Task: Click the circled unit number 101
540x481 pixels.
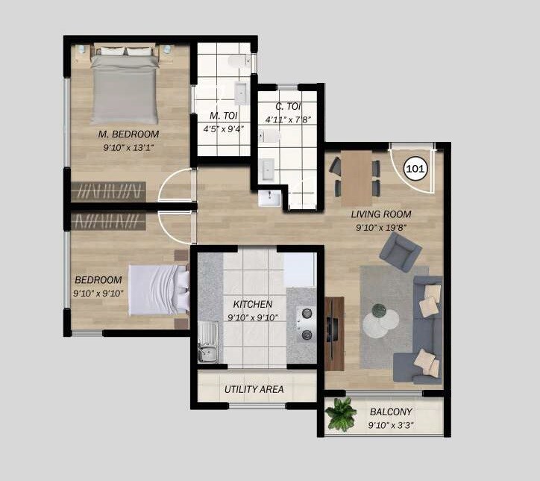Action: tap(415, 168)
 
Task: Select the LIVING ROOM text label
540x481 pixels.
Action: tap(381, 214)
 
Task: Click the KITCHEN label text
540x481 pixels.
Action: tap(252, 305)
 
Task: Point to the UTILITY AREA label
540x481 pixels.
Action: tap(254, 389)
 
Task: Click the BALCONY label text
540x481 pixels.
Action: tap(391, 412)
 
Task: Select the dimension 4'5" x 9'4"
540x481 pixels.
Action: tap(224, 128)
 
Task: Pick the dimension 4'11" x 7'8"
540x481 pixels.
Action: tap(286, 120)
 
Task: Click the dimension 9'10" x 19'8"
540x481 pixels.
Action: tap(381, 227)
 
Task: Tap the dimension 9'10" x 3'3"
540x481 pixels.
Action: tap(391, 426)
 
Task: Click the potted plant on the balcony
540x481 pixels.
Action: tap(342, 415)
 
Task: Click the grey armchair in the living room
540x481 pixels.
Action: tap(400, 252)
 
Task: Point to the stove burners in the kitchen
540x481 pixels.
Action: tap(306, 324)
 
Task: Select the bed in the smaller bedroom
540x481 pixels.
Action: tap(158, 290)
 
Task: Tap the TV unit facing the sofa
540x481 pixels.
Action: tap(334, 332)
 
